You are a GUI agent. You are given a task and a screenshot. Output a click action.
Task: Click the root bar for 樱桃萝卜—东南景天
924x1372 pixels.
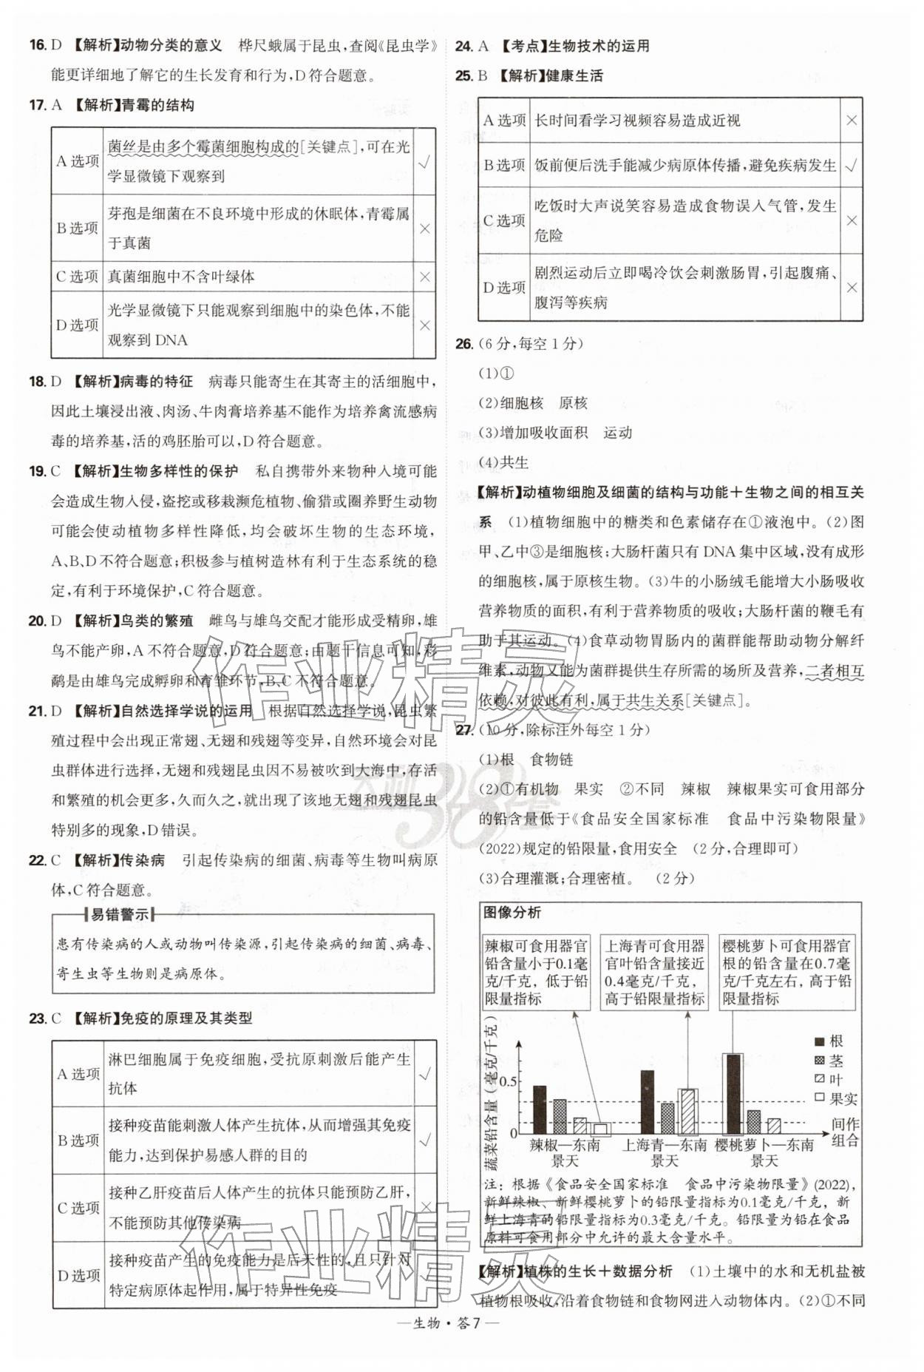(733, 1094)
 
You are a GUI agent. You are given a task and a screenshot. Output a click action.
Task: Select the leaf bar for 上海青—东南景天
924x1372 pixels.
(687, 1111)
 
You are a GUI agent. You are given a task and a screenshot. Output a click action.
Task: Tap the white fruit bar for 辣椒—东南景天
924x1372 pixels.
(600, 1129)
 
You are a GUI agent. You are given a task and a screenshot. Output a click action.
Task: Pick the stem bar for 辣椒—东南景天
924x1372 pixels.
(560, 1116)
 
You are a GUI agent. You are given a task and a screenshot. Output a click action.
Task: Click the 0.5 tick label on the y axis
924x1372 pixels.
(508, 1082)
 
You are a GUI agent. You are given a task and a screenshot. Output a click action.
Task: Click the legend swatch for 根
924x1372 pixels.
(820, 1041)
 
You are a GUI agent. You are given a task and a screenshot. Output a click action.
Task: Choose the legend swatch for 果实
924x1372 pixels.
(820, 1098)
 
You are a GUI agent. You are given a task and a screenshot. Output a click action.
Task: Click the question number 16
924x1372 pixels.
(38, 45)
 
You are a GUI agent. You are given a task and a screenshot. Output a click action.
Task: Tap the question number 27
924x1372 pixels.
(463, 729)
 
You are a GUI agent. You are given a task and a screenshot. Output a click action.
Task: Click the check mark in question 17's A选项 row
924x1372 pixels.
(424, 162)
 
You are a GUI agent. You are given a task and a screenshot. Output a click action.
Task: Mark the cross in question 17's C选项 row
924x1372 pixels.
(424, 277)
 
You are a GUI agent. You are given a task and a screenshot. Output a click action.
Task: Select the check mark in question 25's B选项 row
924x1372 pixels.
(852, 165)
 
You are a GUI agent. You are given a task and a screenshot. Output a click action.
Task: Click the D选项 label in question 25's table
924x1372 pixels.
(504, 288)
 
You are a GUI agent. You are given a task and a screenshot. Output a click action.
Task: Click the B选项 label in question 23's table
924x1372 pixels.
(78, 1140)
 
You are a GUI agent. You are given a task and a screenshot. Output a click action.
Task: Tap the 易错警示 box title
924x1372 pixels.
(119, 914)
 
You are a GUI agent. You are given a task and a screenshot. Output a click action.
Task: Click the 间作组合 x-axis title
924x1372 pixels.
(845, 1132)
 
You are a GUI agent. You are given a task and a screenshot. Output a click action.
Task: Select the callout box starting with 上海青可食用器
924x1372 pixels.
(654, 972)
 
